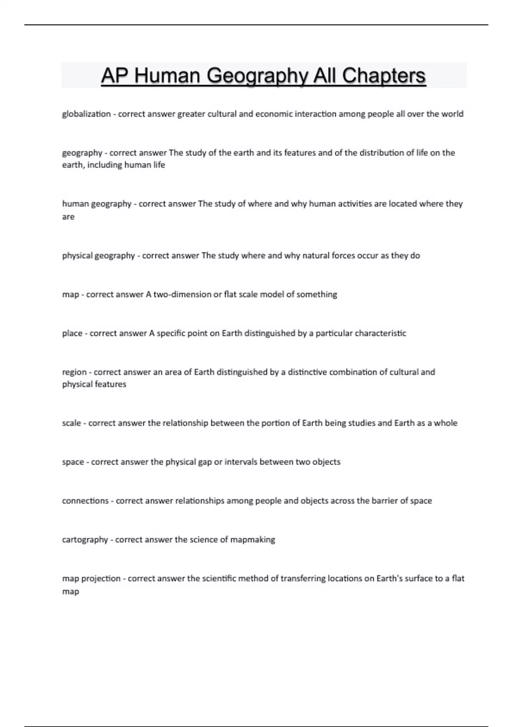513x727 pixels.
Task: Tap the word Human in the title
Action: coord(167,76)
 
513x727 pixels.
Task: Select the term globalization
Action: coord(86,114)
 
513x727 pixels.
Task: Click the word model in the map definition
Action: coord(271,294)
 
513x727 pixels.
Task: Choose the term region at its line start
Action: coord(74,372)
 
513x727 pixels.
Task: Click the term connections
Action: coord(85,501)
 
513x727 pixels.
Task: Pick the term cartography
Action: coord(85,540)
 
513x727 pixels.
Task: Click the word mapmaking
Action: coord(253,540)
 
